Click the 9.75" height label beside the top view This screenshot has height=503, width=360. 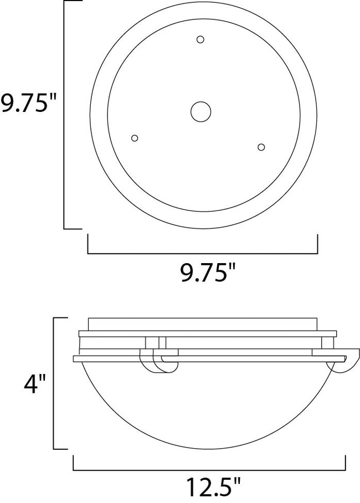click(x=29, y=104)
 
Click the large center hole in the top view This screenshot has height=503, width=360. click(x=200, y=111)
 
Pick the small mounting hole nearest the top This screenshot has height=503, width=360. click(x=200, y=39)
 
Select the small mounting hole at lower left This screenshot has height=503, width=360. click(x=134, y=138)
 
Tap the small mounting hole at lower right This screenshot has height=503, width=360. click(x=261, y=147)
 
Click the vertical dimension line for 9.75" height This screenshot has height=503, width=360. click(x=65, y=115)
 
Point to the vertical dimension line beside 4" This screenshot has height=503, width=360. click(x=54, y=383)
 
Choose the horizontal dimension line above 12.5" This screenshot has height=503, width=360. click(x=209, y=469)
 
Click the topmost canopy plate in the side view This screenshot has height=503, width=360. click(x=202, y=324)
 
